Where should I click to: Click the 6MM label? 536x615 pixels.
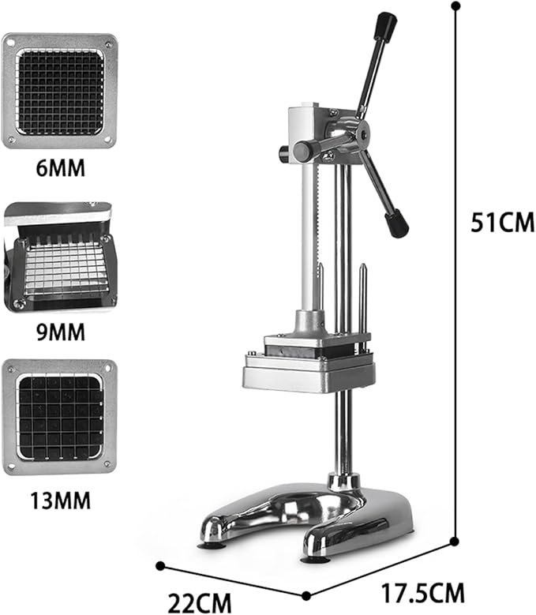coord(60,168)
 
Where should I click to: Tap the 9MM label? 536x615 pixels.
coord(61,332)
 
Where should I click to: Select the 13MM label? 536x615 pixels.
coord(60,501)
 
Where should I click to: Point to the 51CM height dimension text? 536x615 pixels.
coord(502,223)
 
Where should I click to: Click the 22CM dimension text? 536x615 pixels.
coord(200,602)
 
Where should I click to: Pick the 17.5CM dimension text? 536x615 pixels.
coord(422,593)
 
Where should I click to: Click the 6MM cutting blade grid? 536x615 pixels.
coord(60,92)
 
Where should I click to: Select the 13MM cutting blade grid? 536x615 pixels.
coord(60,418)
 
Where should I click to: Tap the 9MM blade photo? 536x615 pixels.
coord(60,257)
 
